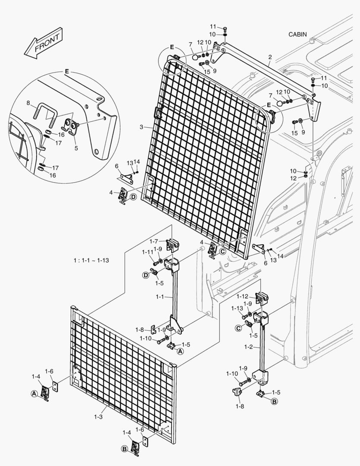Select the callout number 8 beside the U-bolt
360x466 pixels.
coord(28,103)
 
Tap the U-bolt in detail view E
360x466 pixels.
coord(46,112)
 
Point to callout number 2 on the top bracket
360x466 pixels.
coord(270,57)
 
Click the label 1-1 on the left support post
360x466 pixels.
coord(160,297)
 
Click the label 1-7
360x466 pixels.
coord(154,241)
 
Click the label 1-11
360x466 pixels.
coord(147,252)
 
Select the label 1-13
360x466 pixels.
coord(237,308)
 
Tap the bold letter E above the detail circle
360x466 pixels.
coord(66,70)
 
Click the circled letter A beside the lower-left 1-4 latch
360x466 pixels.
coord(34,393)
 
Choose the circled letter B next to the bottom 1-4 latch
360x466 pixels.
coord(124,449)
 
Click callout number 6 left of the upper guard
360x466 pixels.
coord(116,166)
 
